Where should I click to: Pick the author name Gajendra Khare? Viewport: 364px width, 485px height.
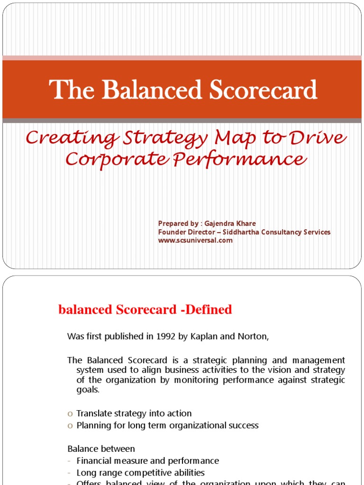pyautogui.click(x=229, y=224)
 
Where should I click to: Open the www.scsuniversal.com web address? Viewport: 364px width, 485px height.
pyautogui.click(x=195, y=240)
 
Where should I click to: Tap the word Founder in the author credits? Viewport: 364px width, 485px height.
pyautogui.click(x=172, y=232)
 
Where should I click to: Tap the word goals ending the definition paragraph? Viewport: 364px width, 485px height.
pyautogui.click(x=88, y=390)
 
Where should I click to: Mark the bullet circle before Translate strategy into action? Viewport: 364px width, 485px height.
pyautogui.click(x=70, y=414)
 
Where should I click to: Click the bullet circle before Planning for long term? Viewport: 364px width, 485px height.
pyautogui.click(x=70, y=426)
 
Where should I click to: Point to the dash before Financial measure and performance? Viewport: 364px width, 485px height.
pyautogui.click(x=70, y=461)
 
